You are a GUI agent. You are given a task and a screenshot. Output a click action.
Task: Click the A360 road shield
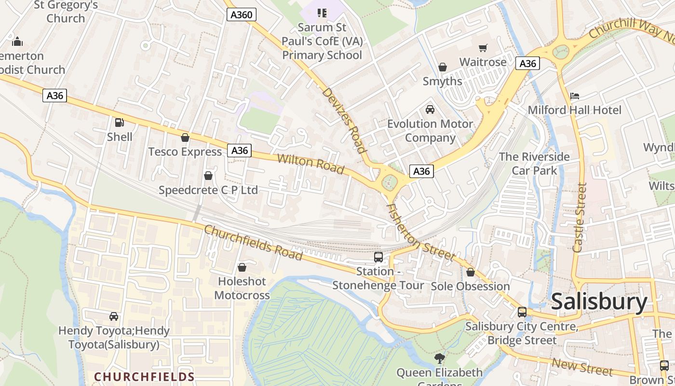click(x=241, y=15)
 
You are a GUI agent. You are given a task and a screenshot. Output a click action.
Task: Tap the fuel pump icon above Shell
click(x=119, y=123)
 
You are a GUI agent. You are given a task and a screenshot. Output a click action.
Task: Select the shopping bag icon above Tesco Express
click(x=185, y=138)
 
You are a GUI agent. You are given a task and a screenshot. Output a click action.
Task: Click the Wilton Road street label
click(x=310, y=164)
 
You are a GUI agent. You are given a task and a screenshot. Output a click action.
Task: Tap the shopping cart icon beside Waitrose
click(x=483, y=48)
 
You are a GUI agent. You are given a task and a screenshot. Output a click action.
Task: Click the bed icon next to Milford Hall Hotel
click(x=574, y=96)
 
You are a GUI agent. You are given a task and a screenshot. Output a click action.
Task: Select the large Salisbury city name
click(x=599, y=302)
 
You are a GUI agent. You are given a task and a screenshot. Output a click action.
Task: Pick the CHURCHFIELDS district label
click(x=144, y=377)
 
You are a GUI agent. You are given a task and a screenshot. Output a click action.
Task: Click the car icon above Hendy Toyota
click(x=114, y=317)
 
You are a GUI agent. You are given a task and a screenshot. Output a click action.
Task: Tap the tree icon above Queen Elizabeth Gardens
click(x=439, y=358)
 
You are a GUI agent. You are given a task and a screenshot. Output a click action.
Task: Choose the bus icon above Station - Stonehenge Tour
click(x=378, y=257)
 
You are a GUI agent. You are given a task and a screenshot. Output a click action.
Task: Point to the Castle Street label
click(x=580, y=218)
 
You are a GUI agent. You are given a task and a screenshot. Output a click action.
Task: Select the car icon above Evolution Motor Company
click(x=430, y=110)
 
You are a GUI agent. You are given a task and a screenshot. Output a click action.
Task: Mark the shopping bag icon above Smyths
click(x=442, y=67)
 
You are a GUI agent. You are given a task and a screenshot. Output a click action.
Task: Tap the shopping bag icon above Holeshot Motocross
click(x=242, y=267)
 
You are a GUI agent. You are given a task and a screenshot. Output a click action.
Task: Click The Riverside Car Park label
click(x=534, y=164)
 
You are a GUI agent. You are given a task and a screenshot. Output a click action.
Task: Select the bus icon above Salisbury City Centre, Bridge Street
click(x=522, y=312)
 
